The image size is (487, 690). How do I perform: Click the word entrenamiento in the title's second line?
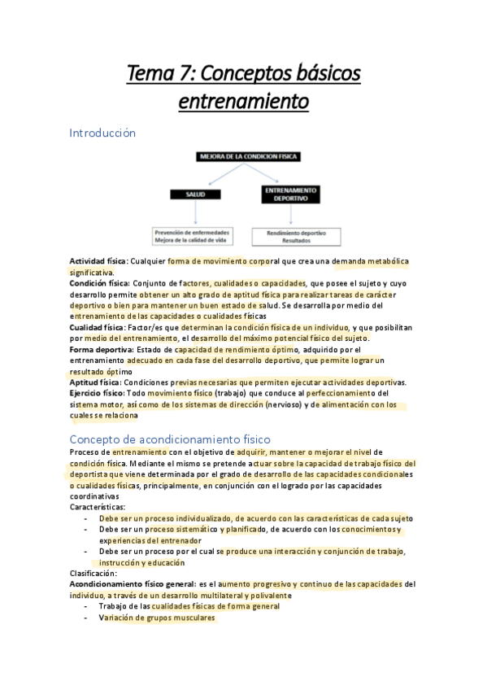[243, 103]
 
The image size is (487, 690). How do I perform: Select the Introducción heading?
[102, 132]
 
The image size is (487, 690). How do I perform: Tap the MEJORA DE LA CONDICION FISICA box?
[243, 155]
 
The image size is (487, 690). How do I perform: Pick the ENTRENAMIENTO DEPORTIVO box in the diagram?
[289, 193]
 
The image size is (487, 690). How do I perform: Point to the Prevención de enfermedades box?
[192, 236]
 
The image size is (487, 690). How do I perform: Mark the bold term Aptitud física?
[94, 382]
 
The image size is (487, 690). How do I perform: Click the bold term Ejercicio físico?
[97, 393]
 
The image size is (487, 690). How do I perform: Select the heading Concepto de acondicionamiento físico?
[170, 439]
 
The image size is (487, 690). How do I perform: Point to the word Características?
[98, 506]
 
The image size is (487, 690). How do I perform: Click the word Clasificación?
[93, 573]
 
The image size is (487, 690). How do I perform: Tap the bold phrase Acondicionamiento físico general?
[132, 584]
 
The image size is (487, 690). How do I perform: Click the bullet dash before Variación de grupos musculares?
[86, 618]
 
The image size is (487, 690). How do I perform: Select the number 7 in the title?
[188, 75]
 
